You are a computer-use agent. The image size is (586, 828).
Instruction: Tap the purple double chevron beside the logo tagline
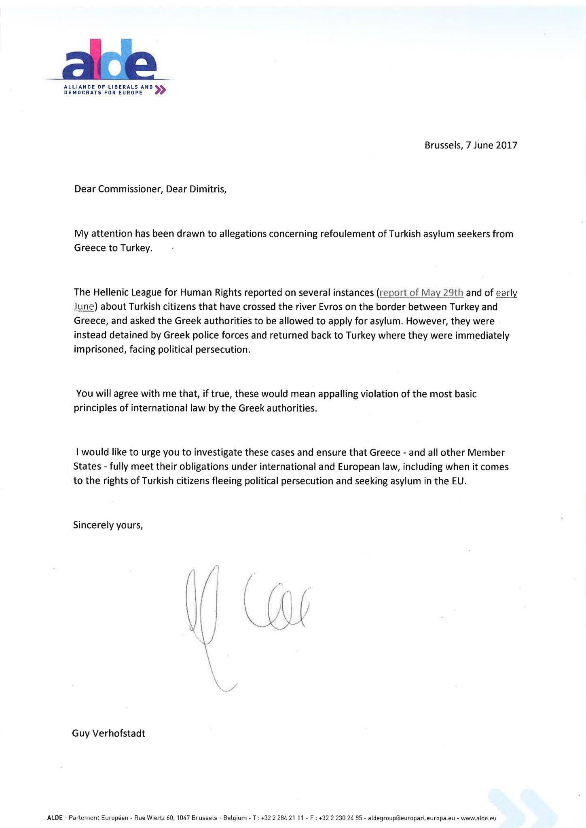pyautogui.click(x=160, y=90)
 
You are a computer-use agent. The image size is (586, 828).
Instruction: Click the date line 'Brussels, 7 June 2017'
pyautogui.click(x=471, y=145)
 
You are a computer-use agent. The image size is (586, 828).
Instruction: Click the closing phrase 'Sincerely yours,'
pyautogui.click(x=108, y=525)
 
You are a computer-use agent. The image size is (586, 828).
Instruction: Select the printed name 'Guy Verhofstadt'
pyautogui.click(x=108, y=733)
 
